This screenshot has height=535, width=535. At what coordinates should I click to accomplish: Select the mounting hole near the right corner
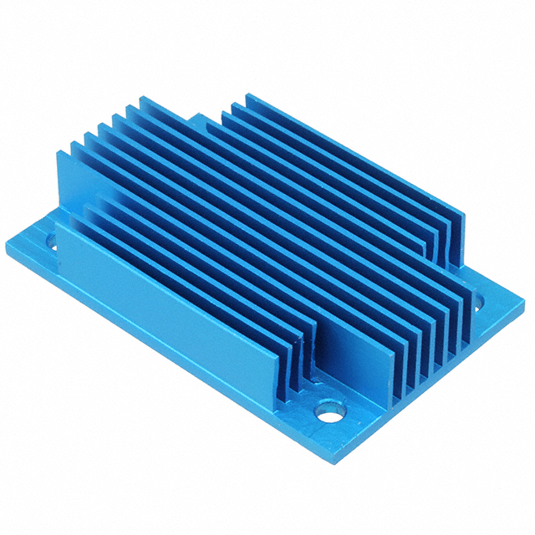click(x=478, y=307)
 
